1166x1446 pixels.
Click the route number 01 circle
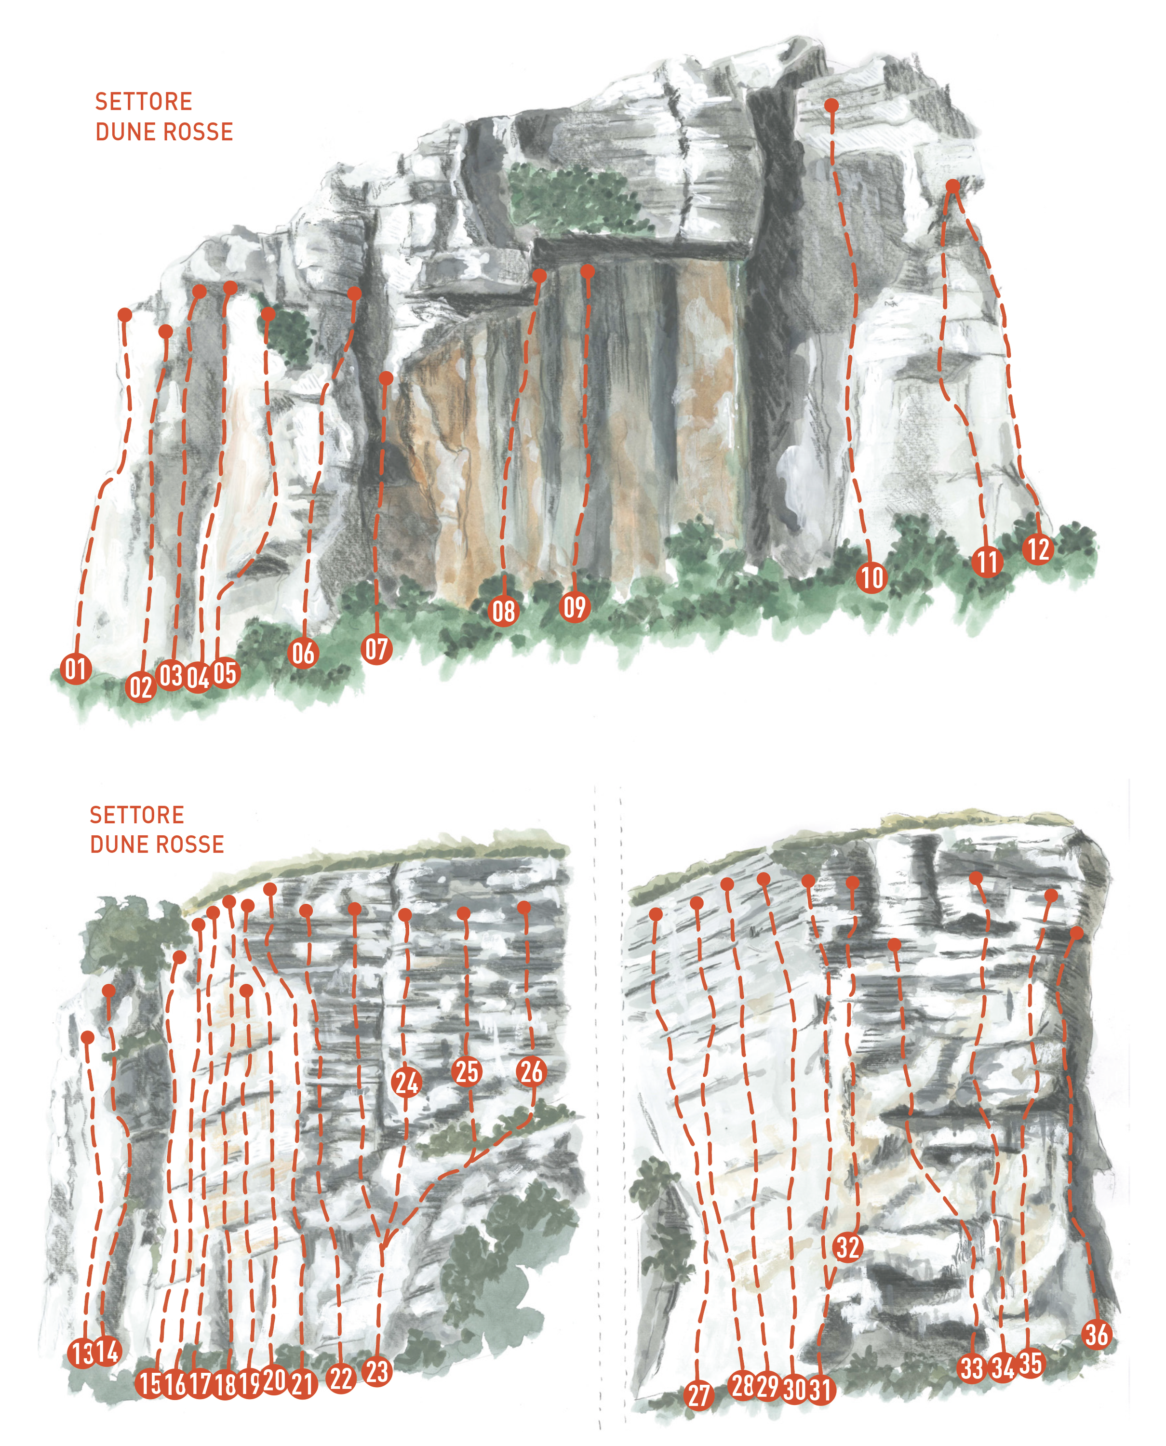[76, 669]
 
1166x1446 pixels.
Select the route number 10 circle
[872, 577]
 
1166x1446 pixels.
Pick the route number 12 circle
[1038, 549]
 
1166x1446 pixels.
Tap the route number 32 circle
[848, 1247]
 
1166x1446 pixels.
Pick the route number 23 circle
[377, 1371]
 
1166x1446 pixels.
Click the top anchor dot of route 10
[831, 106]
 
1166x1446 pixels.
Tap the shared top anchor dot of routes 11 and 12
[952, 186]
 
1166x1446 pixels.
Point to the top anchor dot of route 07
[386, 378]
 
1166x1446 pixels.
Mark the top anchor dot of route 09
[588, 271]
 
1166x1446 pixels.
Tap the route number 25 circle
[467, 1071]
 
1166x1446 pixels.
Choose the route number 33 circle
[971, 1368]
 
